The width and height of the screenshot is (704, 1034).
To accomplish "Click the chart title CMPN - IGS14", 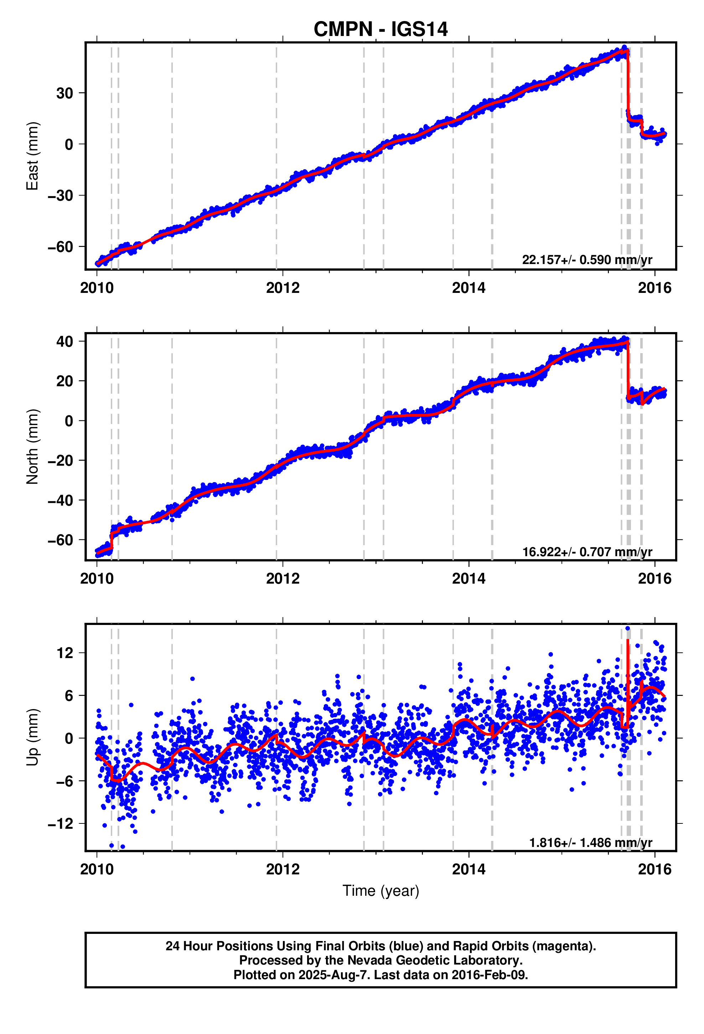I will point(380,29).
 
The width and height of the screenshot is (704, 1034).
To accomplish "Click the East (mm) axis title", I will point(32,156).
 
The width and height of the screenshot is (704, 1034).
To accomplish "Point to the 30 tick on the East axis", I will point(64,93).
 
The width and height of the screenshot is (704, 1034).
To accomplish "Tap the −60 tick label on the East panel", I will point(60,247).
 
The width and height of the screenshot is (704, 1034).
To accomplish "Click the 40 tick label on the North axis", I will point(64,342).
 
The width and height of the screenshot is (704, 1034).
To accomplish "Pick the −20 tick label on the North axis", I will point(60,460).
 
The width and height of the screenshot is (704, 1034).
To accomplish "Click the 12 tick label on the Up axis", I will point(64,653).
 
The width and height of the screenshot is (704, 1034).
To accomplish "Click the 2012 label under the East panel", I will point(283,288).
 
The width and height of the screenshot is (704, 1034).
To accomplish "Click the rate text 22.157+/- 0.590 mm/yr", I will point(586,260).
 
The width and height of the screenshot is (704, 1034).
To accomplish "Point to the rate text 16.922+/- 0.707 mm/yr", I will point(586,552).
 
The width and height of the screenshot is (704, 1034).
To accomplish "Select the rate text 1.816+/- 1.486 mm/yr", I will point(590,843).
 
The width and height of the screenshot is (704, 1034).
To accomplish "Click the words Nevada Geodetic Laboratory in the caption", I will point(434,960).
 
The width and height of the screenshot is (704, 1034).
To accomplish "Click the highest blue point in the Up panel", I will point(627,628).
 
